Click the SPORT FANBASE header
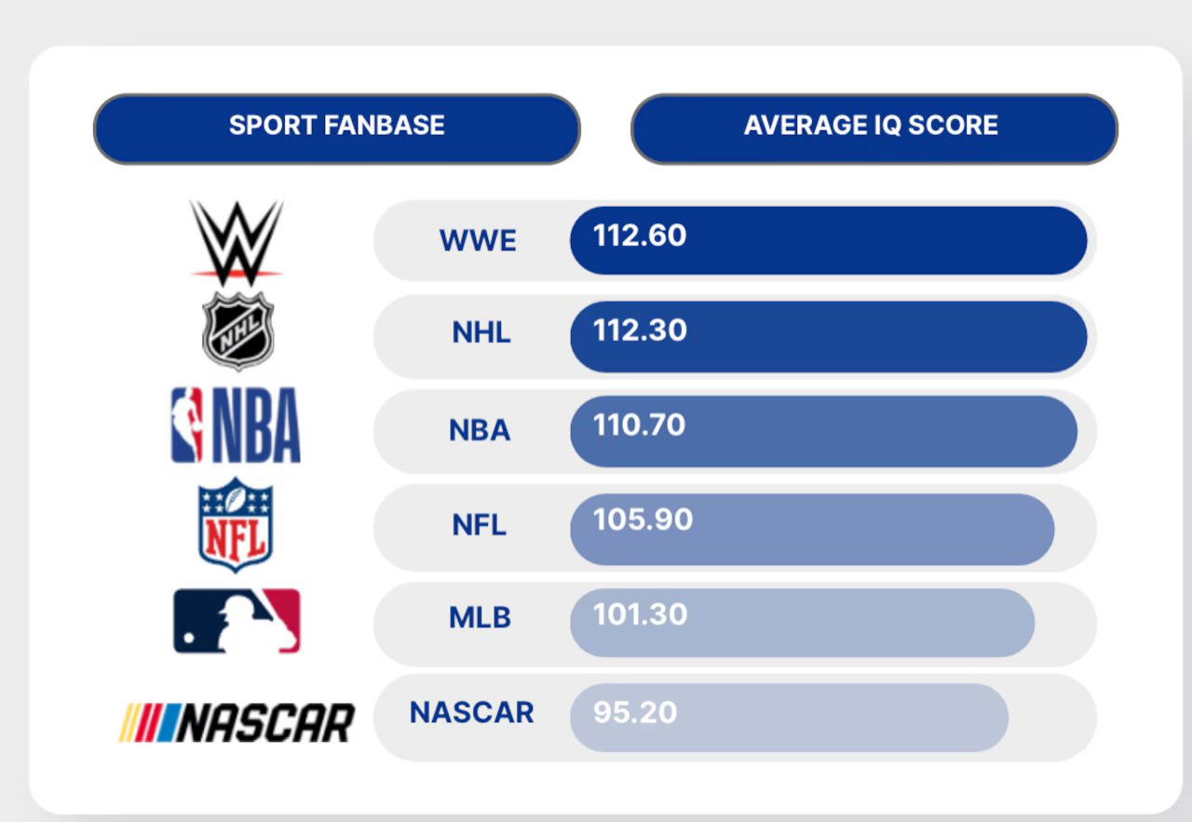click(337, 128)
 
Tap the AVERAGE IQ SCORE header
click(874, 128)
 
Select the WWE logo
click(237, 243)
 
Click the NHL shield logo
click(238, 330)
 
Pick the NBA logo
click(236, 424)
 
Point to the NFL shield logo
click(236, 525)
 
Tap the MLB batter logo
click(237, 621)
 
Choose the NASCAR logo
click(237, 722)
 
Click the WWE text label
click(478, 240)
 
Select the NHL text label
click(481, 332)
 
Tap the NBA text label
click(480, 430)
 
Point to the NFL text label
click(479, 525)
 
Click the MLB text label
click(480, 618)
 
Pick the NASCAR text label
click(471, 712)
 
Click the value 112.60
click(640, 236)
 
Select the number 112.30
click(640, 330)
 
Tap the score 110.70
click(639, 425)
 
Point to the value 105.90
click(643, 519)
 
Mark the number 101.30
click(640, 614)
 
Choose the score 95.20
click(635, 712)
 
